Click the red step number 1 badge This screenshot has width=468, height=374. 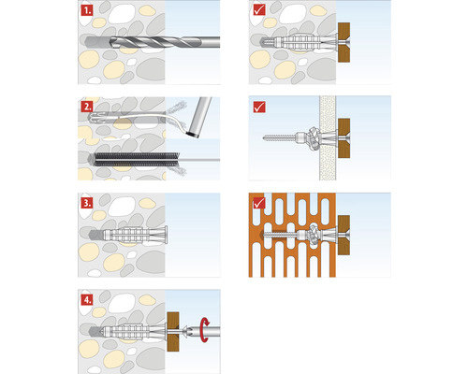click(86, 13)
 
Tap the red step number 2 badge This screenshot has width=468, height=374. click(86, 106)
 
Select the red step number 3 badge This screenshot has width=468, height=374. click(86, 201)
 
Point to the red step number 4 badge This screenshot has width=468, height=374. click(86, 299)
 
